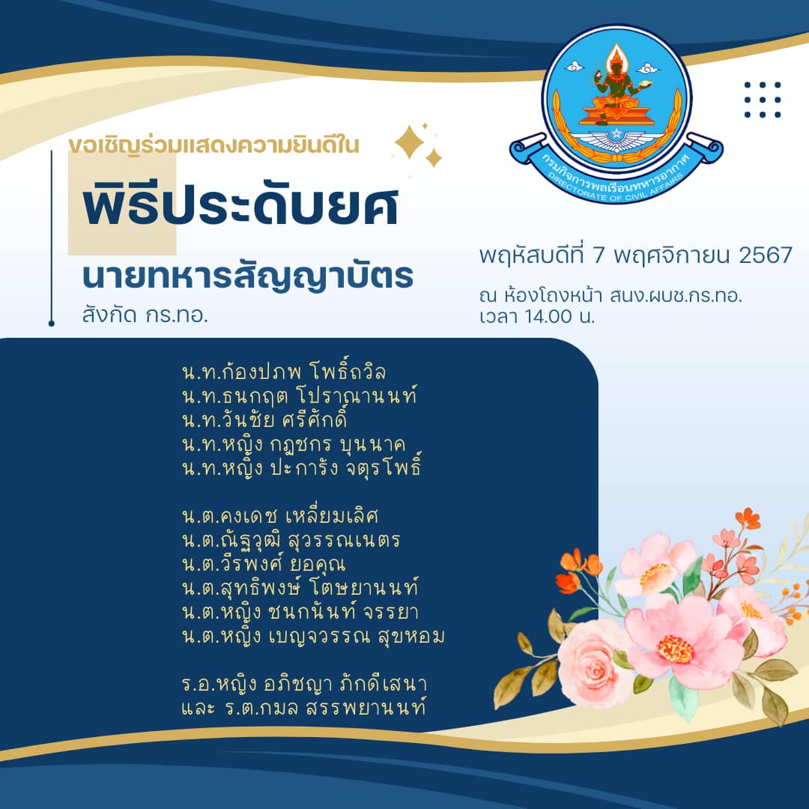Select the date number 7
598,255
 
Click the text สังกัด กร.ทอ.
145,315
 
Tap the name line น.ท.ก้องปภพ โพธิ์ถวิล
284,371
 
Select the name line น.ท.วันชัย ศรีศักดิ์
264,419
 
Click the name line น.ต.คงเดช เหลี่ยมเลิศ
280,515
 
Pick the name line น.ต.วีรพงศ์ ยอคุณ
264,563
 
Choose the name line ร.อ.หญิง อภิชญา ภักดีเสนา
304,684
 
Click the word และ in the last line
198,708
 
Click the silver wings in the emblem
616,139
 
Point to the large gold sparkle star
410,142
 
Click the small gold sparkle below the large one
433,158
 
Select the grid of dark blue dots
763,100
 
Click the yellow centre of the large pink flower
676,649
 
